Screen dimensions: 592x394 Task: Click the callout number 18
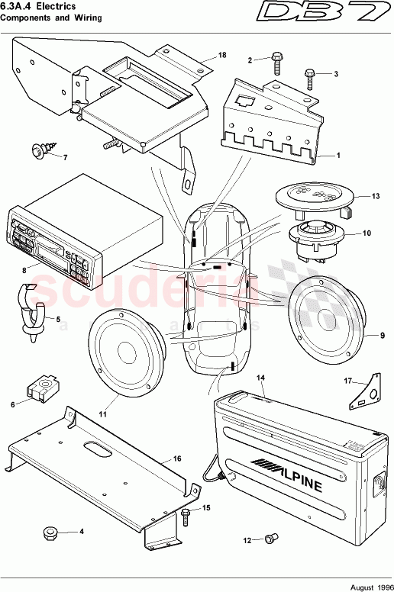pyautogui.click(x=222, y=56)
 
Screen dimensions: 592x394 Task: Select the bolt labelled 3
pyautogui.click(x=310, y=75)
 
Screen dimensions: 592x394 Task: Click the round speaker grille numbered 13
pyautogui.click(x=314, y=196)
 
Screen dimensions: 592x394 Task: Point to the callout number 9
pyautogui.click(x=383, y=334)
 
